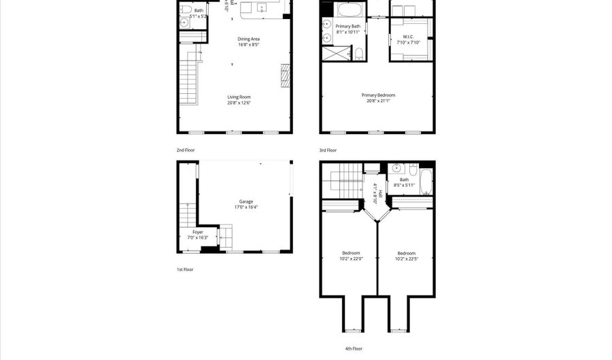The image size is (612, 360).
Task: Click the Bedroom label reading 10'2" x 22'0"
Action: [351, 255]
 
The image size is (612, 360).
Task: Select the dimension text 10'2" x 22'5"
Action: [407, 259]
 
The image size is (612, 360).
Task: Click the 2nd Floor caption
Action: [186, 150]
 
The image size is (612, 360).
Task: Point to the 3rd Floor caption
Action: [328, 150]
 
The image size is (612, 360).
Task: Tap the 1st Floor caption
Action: [185, 269]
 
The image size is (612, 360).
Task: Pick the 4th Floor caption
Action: [353, 348]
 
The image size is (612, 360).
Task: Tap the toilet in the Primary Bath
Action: [359, 53]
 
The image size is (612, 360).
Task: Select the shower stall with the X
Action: [335, 54]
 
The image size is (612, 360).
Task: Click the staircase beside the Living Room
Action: [188, 78]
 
